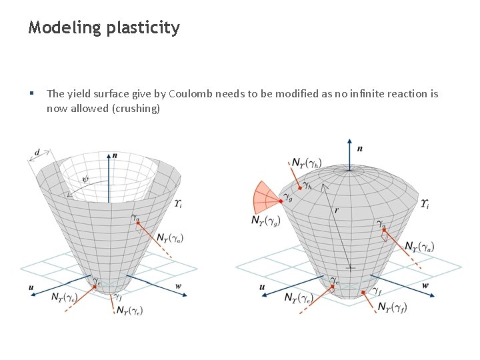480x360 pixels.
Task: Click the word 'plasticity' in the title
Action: click(142, 28)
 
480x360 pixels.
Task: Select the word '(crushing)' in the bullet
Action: click(137, 108)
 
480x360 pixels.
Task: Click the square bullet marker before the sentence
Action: click(31, 93)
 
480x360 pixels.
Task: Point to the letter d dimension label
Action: click(37, 153)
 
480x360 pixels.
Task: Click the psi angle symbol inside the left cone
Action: click(85, 178)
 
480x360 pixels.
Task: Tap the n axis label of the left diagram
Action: click(115, 155)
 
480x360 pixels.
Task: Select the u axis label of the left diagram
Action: click(31, 287)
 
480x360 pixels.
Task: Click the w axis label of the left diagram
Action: click(178, 286)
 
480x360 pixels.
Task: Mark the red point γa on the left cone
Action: click(138, 223)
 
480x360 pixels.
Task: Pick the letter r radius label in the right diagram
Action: click(337, 210)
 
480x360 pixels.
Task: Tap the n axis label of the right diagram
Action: click(359, 148)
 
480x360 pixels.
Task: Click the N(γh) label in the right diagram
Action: click(306, 163)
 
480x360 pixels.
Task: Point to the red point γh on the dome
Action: click(299, 187)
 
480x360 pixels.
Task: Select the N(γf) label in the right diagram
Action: click(393, 307)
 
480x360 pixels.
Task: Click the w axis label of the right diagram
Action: click(425, 285)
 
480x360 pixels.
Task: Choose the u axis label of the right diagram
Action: click(262, 287)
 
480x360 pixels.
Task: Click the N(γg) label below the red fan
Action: click(266, 220)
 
